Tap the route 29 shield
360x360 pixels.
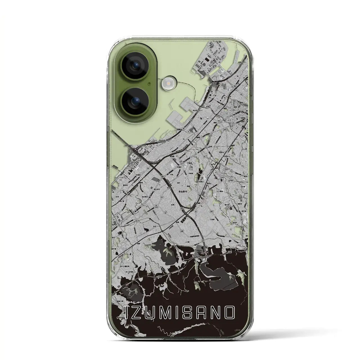point(183,129)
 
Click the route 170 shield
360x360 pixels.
point(226,169)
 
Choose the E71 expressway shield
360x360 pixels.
point(182,208)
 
